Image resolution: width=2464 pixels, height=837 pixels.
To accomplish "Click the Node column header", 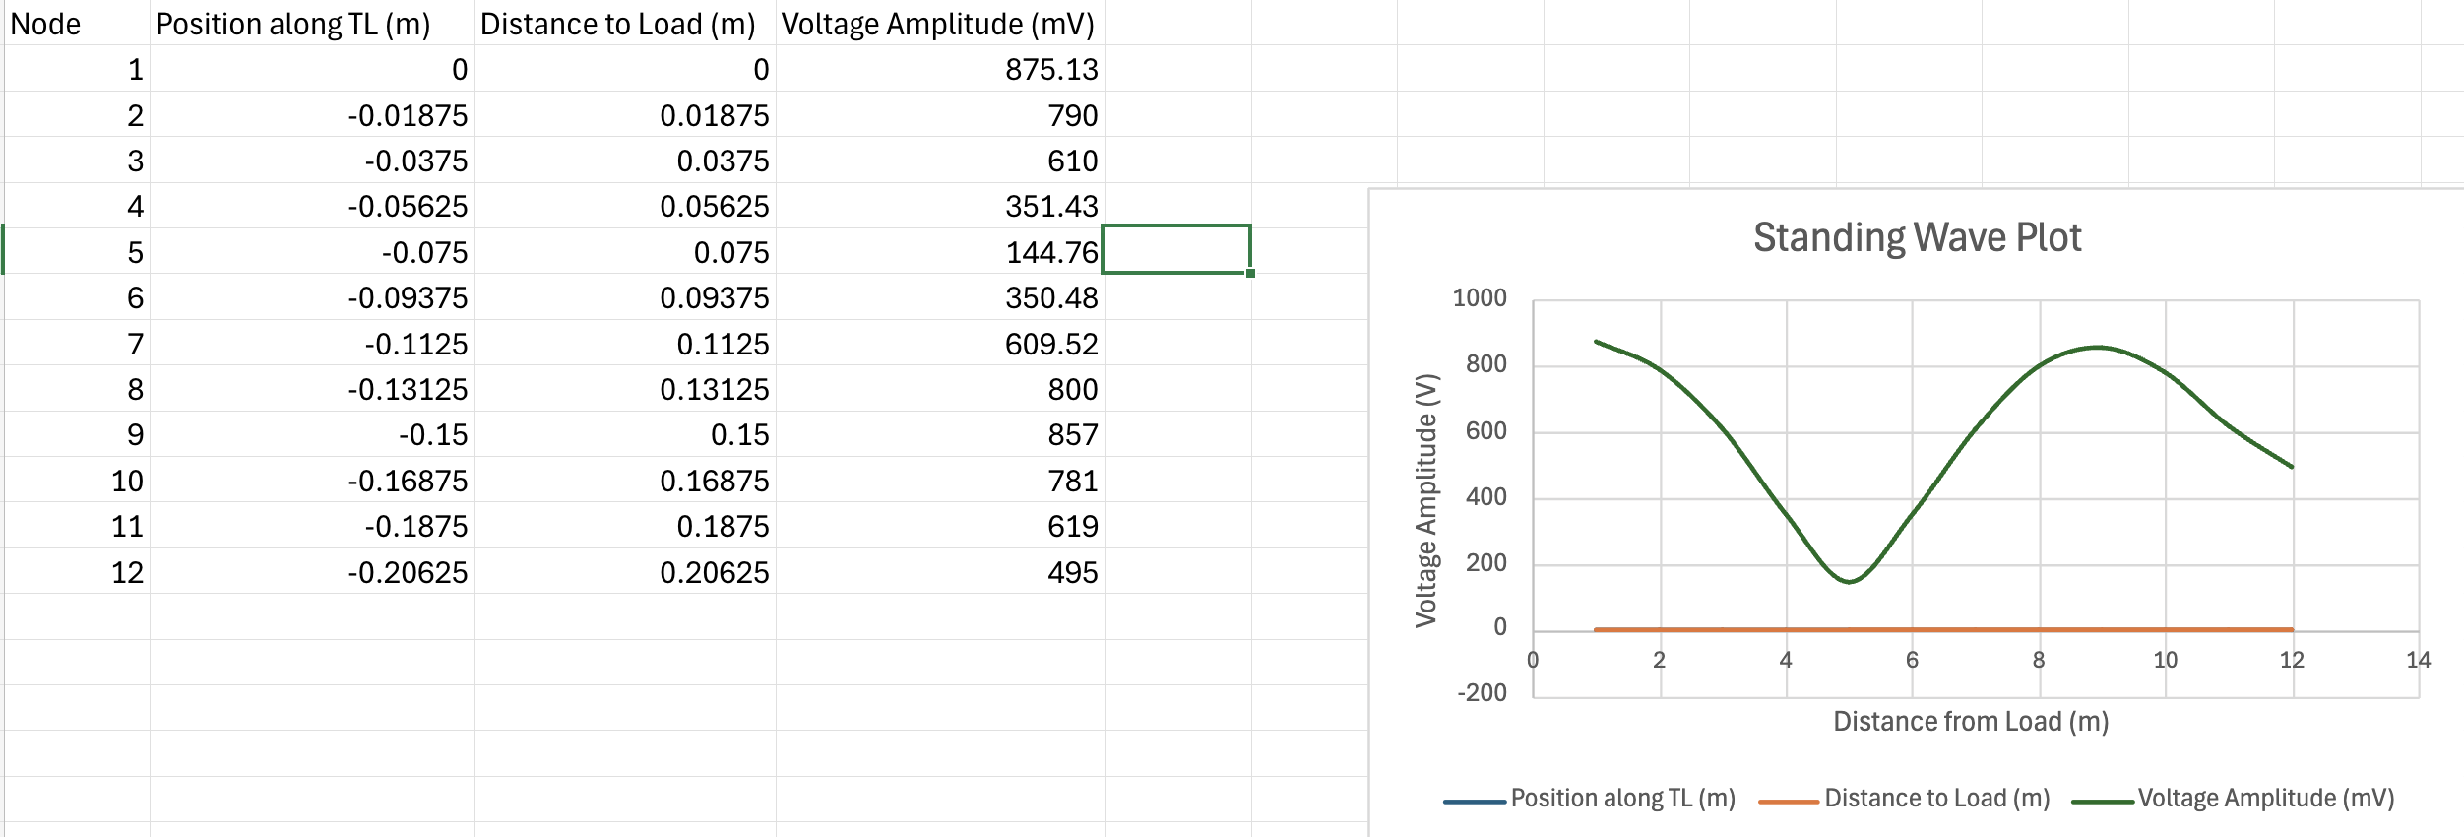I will coord(45,24).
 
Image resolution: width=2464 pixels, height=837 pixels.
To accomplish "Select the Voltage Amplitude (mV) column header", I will coord(937,24).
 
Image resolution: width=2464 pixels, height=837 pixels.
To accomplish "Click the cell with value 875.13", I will coord(1050,70).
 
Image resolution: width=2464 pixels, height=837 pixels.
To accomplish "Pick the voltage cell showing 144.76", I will coord(1050,253).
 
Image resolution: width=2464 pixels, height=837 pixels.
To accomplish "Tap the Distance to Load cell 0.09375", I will coord(714,298).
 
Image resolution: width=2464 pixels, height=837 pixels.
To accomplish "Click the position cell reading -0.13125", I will coord(408,390).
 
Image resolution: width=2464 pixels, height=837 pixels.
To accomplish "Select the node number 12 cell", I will coord(127,573).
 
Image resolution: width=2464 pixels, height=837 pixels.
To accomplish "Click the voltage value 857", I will coord(1072,435).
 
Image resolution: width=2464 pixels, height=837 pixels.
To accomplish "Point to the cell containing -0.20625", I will coord(408,573).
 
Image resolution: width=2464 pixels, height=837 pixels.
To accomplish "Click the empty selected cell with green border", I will coord(1175,250).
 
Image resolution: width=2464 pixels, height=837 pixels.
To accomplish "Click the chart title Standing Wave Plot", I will coord(1917,237).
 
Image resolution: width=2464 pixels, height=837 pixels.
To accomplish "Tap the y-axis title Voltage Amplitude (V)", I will coord(1426,500).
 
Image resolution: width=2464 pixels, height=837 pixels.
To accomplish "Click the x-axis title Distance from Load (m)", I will coord(1971,722).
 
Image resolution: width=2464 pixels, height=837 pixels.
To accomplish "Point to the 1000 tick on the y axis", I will coord(1479,298).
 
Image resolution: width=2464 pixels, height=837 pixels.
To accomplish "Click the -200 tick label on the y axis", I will coord(1482,693).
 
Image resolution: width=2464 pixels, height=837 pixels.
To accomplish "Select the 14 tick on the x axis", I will coord(2418,660).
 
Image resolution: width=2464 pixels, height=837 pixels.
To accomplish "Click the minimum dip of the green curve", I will coord(1850,582).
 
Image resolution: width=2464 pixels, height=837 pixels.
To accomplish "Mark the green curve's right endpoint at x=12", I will coord(2292,467).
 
